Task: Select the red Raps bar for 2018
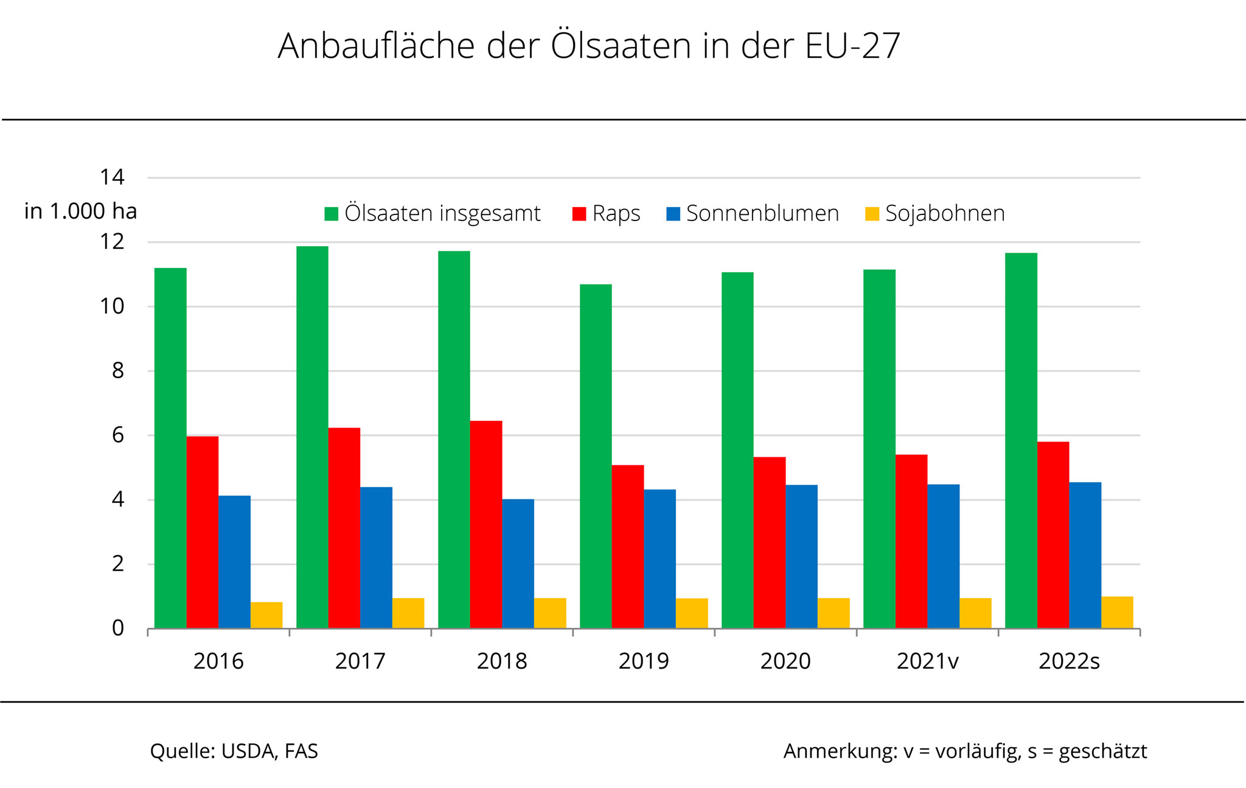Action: (x=486, y=524)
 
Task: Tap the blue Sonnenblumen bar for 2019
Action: (x=660, y=558)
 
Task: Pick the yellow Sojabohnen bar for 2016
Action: (x=266, y=615)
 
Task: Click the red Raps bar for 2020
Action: (x=770, y=543)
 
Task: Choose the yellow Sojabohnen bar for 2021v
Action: (x=975, y=613)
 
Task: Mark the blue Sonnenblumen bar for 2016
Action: (x=234, y=561)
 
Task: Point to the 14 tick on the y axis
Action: (x=112, y=177)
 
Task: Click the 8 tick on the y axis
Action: (x=117, y=370)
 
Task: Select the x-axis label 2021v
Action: (x=927, y=661)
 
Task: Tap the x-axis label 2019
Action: (x=644, y=661)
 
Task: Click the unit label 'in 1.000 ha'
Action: (x=80, y=211)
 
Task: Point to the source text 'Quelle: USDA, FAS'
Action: (x=234, y=751)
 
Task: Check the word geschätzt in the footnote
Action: (x=1102, y=751)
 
